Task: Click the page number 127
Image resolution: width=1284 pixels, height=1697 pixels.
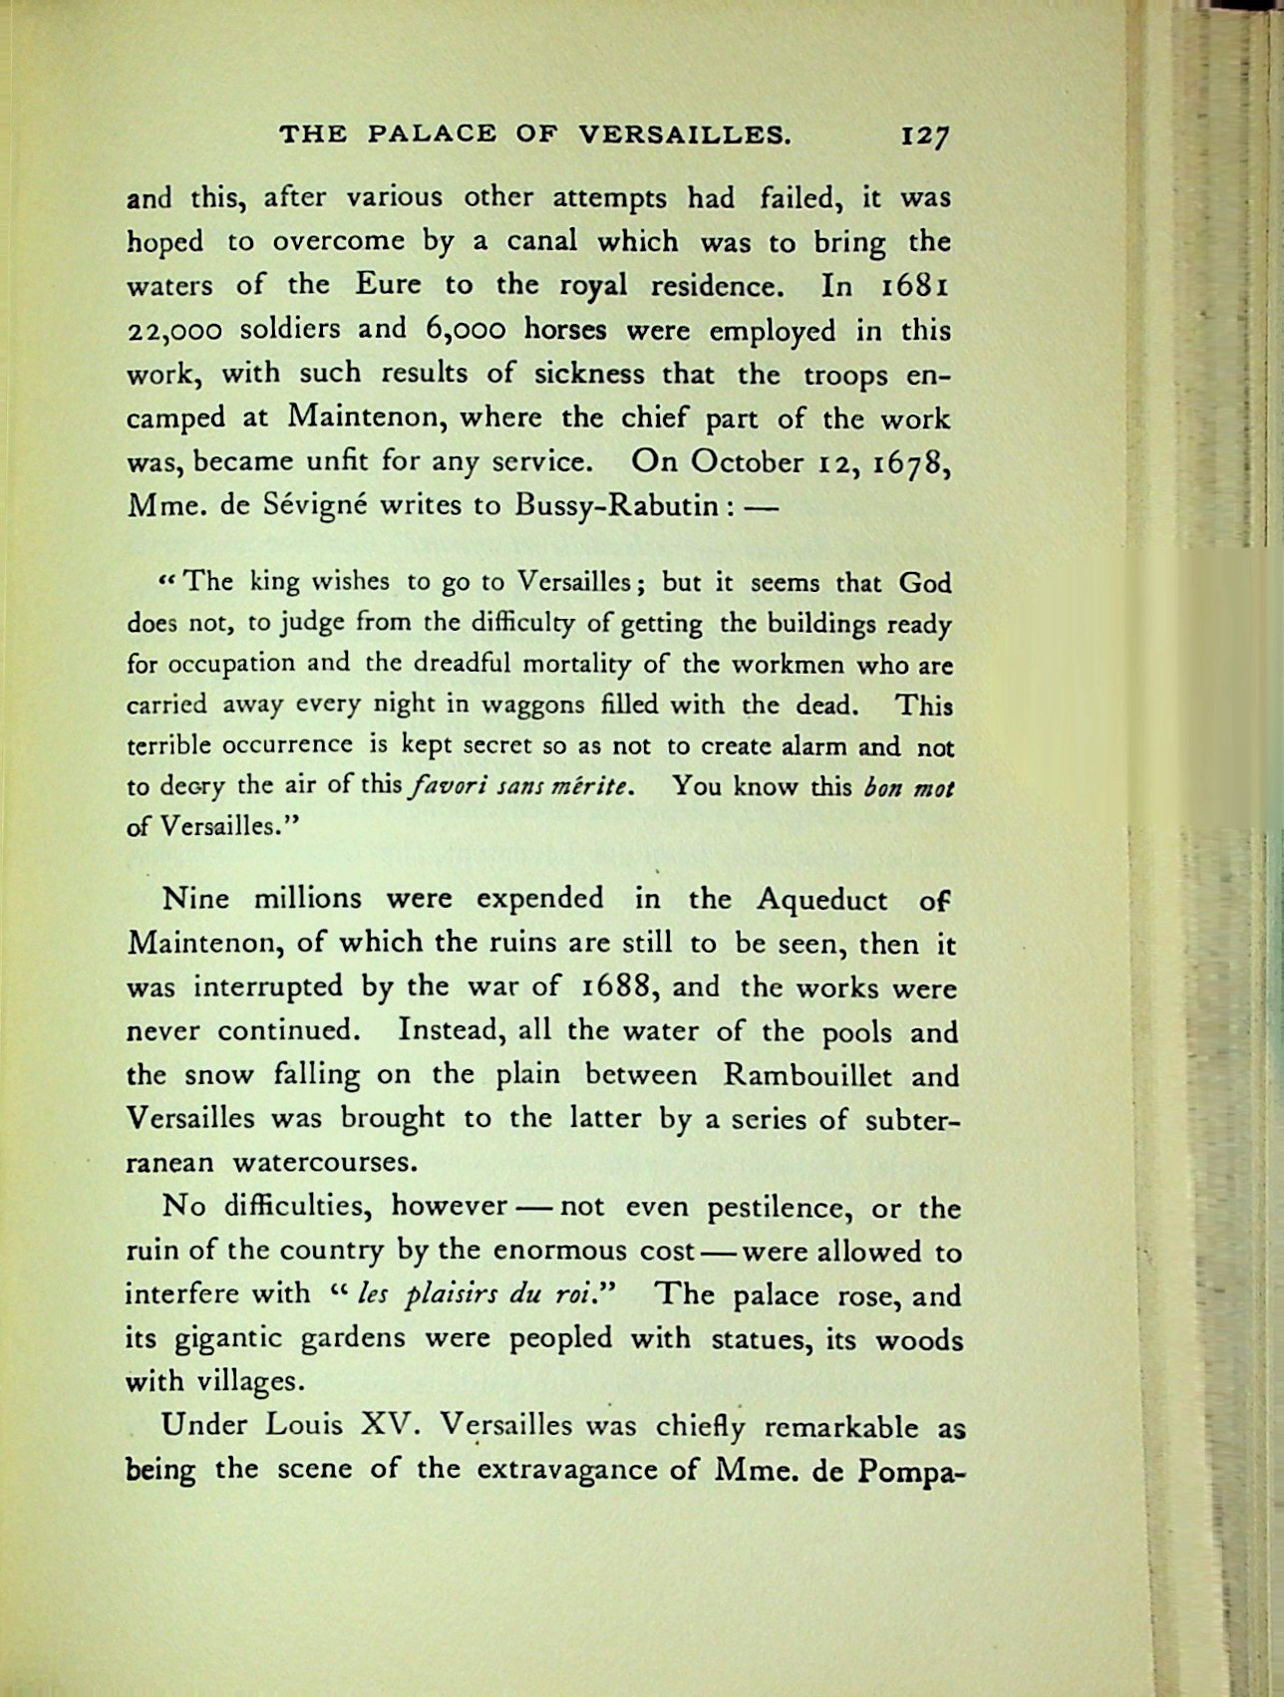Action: point(924,135)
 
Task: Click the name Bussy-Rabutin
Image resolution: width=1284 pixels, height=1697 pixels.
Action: point(616,505)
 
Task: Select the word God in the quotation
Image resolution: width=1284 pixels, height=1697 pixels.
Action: point(924,582)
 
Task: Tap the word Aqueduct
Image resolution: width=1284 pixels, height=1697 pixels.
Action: point(821,900)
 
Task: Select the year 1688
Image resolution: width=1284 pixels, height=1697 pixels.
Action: point(616,989)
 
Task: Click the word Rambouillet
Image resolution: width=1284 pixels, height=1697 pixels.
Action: point(805,1076)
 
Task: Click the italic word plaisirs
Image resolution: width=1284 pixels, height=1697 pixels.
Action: point(451,1296)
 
